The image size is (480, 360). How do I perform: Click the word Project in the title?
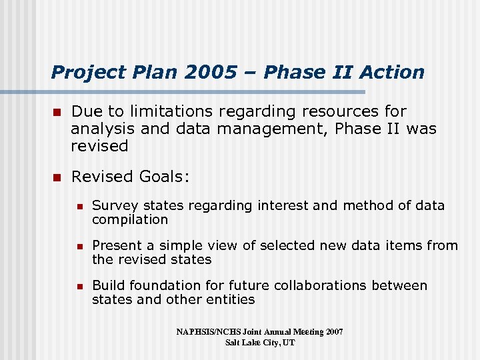[x=79, y=72]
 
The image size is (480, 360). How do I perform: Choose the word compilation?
[x=130, y=219]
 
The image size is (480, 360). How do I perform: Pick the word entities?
[x=230, y=299]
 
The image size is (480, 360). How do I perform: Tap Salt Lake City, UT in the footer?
[x=260, y=342]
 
